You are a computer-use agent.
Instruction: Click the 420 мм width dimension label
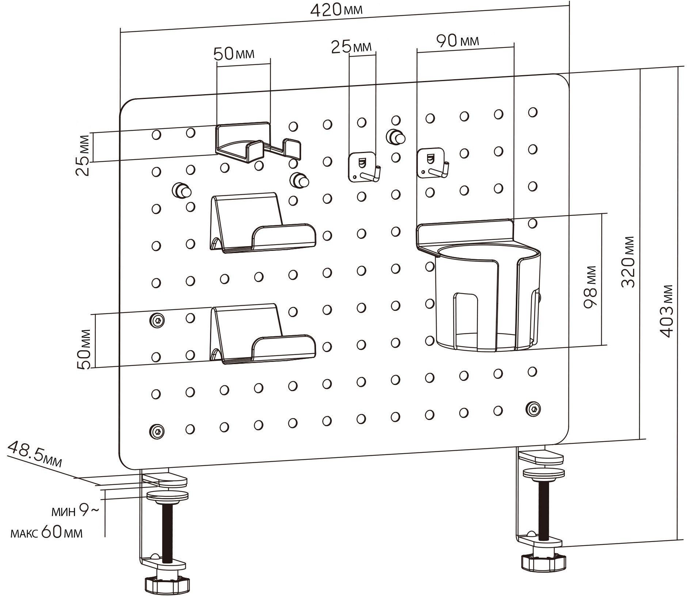[336, 10]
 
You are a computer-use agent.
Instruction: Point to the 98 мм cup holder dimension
[590, 287]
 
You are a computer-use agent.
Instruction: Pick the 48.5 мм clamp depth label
[35, 454]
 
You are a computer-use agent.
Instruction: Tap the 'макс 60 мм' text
[47, 533]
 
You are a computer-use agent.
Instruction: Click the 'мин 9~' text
[75, 511]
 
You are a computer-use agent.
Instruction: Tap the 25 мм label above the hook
[351, 47]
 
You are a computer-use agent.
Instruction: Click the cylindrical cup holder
[487, 299]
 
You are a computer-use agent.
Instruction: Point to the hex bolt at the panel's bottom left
[157, 431]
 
